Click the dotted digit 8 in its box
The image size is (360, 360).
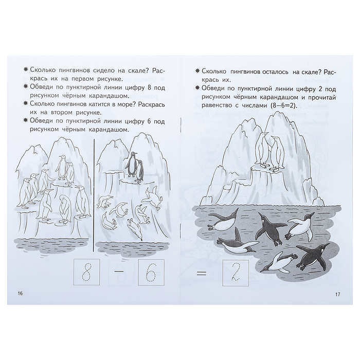[86, 272]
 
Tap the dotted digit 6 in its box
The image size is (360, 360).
[151, 272]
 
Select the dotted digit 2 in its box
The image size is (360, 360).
[236, 273]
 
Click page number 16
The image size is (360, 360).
[20, 294]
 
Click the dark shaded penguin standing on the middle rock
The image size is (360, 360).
[132, 165]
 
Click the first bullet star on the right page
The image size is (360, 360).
[197, 71]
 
